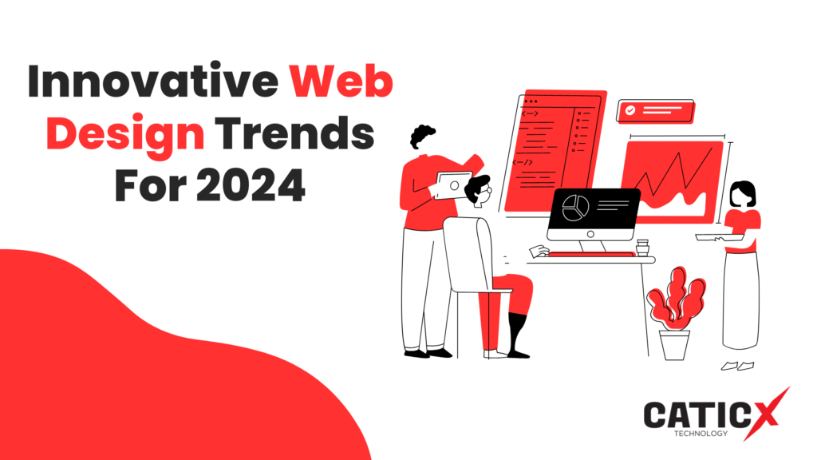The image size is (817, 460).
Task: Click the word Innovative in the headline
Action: (152, 81)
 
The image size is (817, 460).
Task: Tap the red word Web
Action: (341, 81)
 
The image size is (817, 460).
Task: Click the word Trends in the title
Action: (295, 133)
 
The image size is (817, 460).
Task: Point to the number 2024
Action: (251, 185)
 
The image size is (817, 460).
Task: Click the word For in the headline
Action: (151, 185)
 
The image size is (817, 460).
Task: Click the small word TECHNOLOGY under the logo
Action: (701, 433)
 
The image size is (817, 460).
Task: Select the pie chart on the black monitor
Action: (576, 208)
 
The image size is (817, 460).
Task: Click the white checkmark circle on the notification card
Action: (630, 110)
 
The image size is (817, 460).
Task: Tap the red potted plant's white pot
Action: (675, 345)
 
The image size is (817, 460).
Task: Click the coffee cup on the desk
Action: (642, 248)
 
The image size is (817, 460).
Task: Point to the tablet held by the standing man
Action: (453, 185)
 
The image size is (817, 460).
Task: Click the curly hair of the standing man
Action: (421, 136)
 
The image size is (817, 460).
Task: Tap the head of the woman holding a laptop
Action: (743, 194)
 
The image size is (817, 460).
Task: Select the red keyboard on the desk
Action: (591, 255)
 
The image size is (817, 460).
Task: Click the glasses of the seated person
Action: (487, 191)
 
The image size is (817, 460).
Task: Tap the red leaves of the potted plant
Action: (676, 299)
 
